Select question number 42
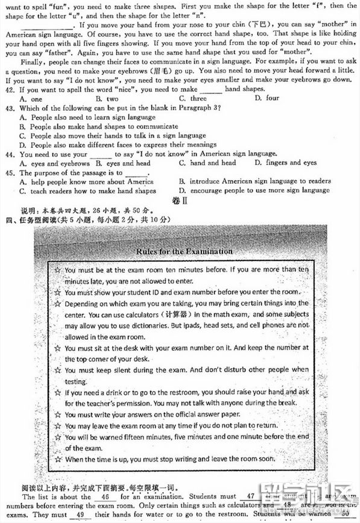[x=9, y=89]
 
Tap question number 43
[x=9, y=108]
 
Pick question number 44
[x=9, y=154]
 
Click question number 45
[x=9, y=173]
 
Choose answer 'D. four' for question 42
[x=267, y=98]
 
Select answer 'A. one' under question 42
[x=31, y=99]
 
